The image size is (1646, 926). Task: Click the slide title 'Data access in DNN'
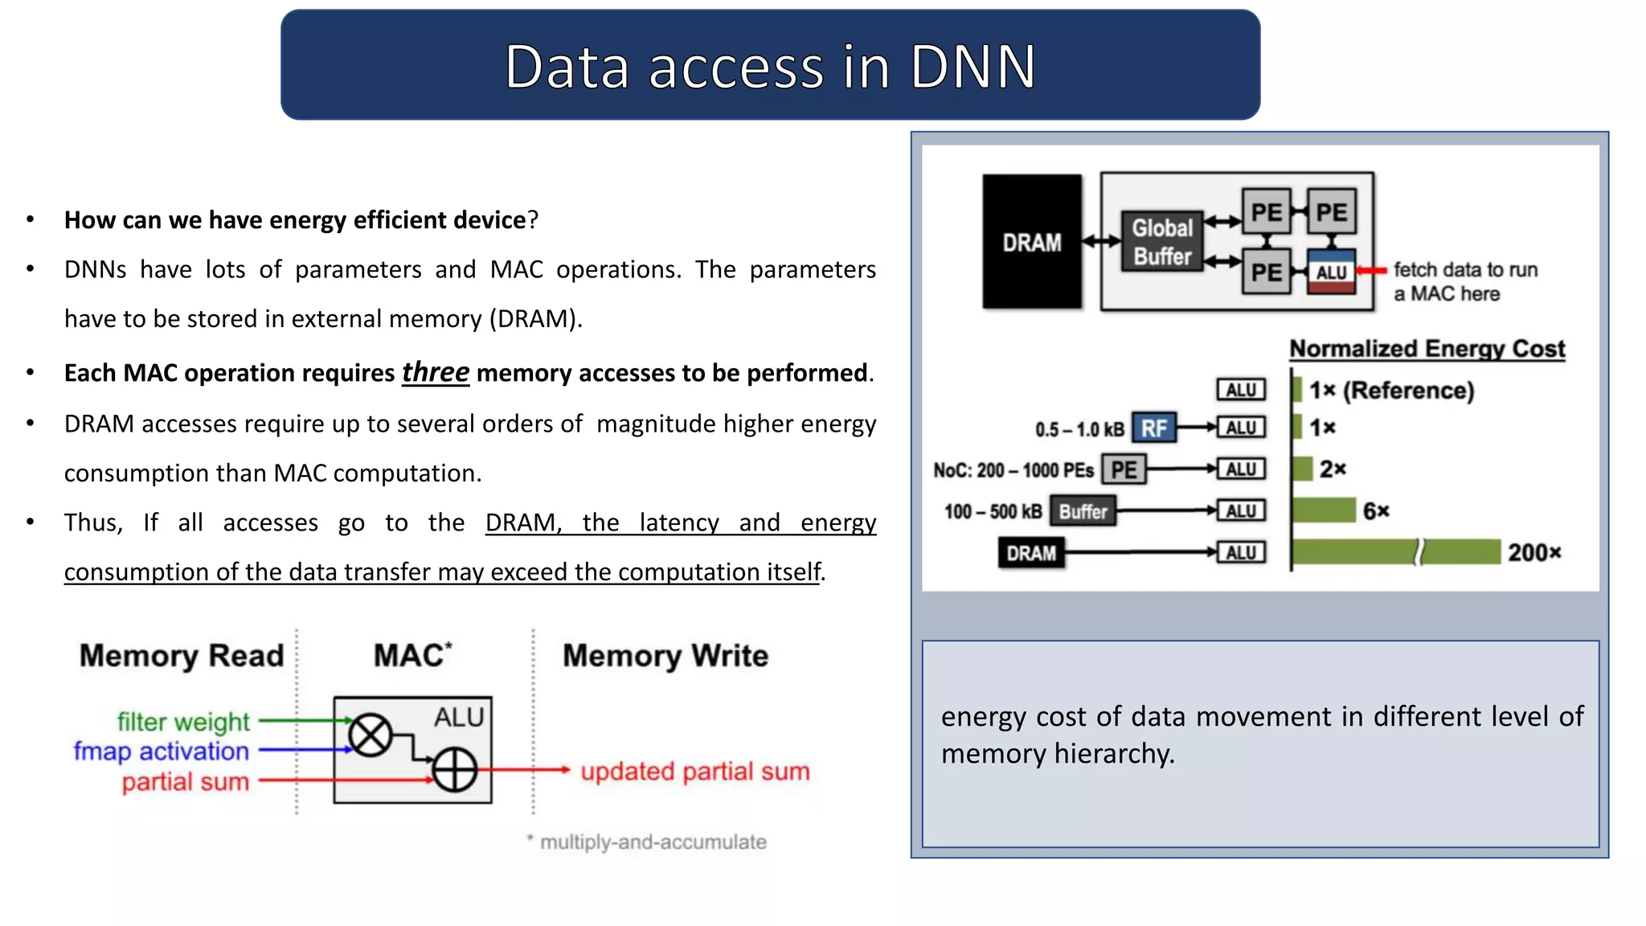tap(769, 66)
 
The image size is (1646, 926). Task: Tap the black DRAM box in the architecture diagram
tap(1031, 241)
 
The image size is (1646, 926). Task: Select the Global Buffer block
tap(1162, 241)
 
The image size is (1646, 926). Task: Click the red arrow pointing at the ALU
tap(1372, 271)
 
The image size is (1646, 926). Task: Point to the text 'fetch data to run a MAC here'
tap(1464, 281)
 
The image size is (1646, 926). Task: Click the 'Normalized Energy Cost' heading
tap(1427, 349)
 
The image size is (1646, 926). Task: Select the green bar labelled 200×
tap(1394, 552)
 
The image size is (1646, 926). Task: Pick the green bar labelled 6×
tap(1323, 510)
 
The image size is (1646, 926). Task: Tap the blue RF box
tap(1153, 428)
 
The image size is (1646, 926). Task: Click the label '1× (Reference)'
tap(1392, 391)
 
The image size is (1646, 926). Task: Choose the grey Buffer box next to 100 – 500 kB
tap(1083, 511)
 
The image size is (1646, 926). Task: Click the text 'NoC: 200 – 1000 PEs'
tap(1013, 470)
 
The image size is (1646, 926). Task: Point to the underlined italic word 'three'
tap(435, 373)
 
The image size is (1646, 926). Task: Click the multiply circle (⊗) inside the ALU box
tap(371, 735)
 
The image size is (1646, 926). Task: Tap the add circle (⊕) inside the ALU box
tap(455, 770)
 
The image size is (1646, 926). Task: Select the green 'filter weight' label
tap(183, 722)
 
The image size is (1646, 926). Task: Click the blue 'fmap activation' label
tap(162, 751)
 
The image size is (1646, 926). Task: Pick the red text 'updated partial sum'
tap(694, 772)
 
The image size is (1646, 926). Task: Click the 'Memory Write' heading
tap(665, 656)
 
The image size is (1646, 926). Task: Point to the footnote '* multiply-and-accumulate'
tap(647, 842)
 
